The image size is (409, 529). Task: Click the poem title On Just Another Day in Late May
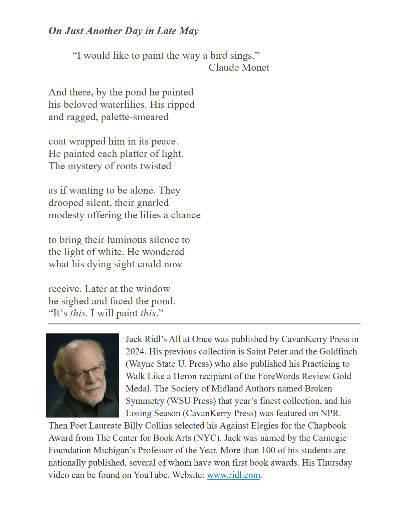pos(124,31)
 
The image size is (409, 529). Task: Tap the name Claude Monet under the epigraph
pos(239,67)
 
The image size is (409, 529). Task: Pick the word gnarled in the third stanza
pos(153,203)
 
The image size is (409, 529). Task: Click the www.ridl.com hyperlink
pos(233,475)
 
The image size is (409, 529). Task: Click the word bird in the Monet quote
pos(219,55)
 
